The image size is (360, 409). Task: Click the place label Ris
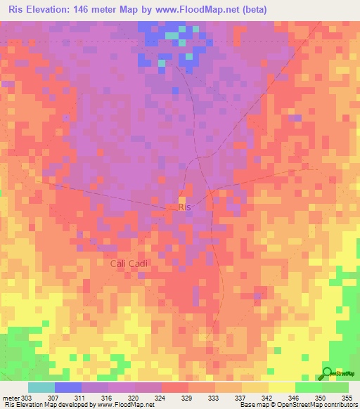click(x=185, y=207)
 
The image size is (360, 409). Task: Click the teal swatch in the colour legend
click(x=41, y=387)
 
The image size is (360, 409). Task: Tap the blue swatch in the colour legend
click(x=68, y=387)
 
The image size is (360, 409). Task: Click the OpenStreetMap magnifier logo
click(x=326, y=372)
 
